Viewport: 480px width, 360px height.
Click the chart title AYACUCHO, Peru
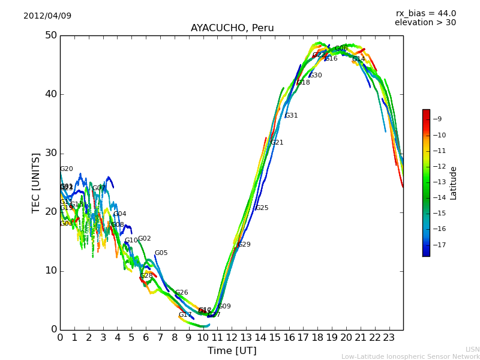coord(232,28)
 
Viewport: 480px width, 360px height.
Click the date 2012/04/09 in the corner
coord(47,16)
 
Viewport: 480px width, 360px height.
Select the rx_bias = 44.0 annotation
coord(425,14)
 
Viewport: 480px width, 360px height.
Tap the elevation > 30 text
coord(425,23)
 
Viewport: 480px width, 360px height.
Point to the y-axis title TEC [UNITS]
coord(37,182)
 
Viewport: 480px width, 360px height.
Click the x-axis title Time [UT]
coord(232,351)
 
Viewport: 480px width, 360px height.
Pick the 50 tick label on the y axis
coord(50,35)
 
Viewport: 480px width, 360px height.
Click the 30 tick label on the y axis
coord(50,153)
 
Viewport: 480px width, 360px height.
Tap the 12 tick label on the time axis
coord(232,338)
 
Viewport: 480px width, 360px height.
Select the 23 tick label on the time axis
coord(389,338)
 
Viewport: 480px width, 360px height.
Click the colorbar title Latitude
coord(454,183)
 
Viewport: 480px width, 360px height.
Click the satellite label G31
coord(291,116)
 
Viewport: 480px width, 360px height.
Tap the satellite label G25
coord(262,208)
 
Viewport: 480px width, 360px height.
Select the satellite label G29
coord(244,245)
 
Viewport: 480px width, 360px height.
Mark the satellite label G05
coord(161,253)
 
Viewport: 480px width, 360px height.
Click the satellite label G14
coord(358,59)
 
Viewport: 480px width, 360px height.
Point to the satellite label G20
coord(66,169)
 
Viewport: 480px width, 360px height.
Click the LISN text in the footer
coord(472,349)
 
